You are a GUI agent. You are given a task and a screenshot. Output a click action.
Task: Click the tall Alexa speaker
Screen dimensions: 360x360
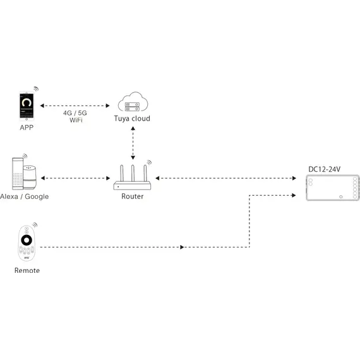click(x=17, y=173)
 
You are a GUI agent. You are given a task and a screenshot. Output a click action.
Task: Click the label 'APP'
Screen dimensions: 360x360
click(x=27, y=127)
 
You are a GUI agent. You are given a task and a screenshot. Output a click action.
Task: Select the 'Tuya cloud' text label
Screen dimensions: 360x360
click(x=132, y=119)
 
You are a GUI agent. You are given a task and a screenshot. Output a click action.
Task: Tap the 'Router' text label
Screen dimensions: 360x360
click(x=132, y=196)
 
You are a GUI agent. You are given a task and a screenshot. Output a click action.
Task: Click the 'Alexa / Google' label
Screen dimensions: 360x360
click(x=25, y=196)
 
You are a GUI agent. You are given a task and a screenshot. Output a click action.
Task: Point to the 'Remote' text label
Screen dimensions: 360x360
click(x=27, y=270)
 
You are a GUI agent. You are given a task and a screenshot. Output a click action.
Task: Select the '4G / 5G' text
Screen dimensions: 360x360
click(x=75, y=112)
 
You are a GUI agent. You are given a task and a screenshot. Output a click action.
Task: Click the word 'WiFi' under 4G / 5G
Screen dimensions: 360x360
click(x=75, y=120)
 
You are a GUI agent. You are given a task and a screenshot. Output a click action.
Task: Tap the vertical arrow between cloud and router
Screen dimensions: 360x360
click(x=132, y=142)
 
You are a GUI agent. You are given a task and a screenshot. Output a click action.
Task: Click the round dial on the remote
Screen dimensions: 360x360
click(x=27, y=240)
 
